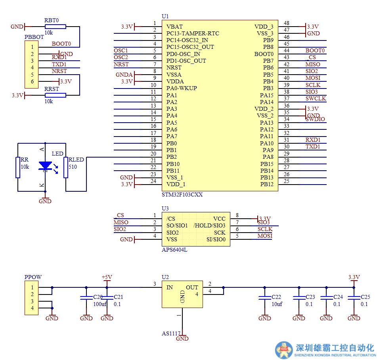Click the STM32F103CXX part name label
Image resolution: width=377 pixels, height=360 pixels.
click(182, 195)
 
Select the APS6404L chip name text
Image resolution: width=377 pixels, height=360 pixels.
click(174, 250)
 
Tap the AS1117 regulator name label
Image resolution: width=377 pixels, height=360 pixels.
click(170, 333)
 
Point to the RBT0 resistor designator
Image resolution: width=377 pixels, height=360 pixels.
click(51, 19)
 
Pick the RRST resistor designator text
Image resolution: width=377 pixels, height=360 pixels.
click(52, 89)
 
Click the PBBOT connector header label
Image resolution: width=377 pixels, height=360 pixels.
click(34, 37)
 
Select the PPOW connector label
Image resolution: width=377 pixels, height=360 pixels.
click(33, 277)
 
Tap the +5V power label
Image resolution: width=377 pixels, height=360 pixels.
click(107, 277)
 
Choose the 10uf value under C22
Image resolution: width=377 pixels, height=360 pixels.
click(277, 304)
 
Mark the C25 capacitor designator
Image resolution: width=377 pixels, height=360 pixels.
click(365, 297)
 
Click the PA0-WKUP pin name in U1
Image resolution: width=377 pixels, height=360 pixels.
click(182, 88)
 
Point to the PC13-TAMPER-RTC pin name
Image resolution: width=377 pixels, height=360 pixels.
click(193, 33)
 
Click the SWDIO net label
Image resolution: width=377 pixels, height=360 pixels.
click(315, 119)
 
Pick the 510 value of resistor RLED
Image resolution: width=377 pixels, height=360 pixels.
click(73, 167)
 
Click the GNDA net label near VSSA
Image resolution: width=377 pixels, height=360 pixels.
click(124, 74)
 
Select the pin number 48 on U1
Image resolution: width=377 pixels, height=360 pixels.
click(287, 23)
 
